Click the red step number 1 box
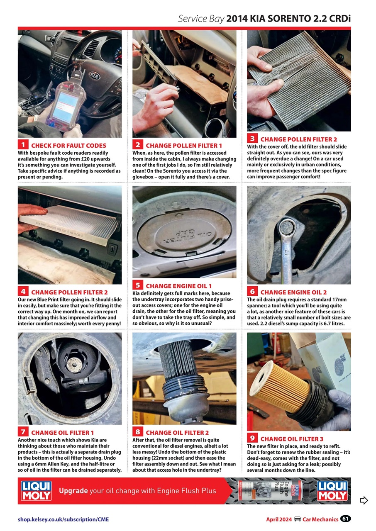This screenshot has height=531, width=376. point(23,145)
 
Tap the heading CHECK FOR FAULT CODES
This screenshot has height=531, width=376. point(68,146)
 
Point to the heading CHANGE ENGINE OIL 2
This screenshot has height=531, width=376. point(293,292)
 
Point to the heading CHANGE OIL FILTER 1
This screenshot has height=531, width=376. point(63,433)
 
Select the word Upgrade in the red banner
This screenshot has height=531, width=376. point(73,491)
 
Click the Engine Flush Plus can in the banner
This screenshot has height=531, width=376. point(270,490)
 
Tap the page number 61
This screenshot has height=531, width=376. point(345,519)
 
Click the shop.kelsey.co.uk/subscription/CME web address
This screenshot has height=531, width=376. point(63,519)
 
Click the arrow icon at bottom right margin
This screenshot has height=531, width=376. point(364,500)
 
